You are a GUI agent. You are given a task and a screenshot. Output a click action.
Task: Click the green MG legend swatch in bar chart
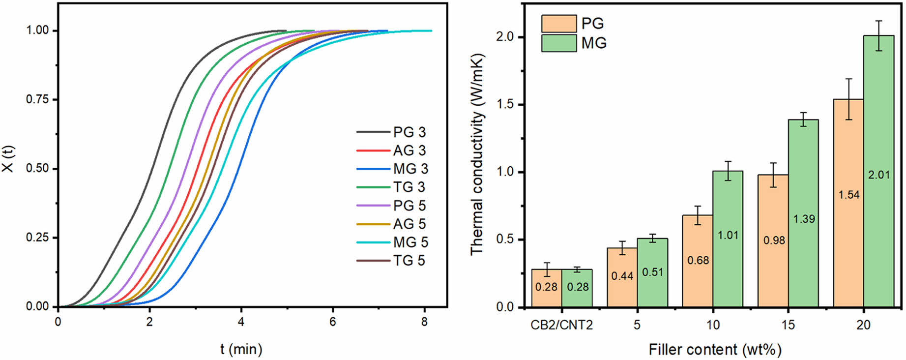tap(559, 43)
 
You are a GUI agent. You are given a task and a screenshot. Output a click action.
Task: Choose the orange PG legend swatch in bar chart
tap(559, 24)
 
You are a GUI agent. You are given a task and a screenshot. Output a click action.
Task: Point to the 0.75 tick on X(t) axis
tap(37, 99)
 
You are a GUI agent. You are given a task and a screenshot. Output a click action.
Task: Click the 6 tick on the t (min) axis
tap(333, 322)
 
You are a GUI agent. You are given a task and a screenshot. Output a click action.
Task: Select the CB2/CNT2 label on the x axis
tap(562, 325)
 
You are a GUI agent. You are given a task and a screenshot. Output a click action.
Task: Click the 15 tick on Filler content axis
tap(788, 325)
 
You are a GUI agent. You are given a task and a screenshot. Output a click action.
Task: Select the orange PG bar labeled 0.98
tap(773, 241)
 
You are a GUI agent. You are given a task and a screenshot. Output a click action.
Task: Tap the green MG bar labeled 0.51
tap(652, 273)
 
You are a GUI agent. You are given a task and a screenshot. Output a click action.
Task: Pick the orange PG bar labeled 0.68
tap(698, 261)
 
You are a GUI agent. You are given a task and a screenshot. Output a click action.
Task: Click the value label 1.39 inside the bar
tap(804, 219)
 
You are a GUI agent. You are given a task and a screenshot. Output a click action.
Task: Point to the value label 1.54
tap(849, 195)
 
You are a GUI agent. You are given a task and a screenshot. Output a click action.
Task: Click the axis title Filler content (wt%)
tap(715, 350)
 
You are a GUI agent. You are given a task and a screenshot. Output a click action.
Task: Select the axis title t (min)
tap(241, 349)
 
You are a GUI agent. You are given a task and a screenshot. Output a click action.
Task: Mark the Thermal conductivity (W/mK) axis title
tap(477, 154)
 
